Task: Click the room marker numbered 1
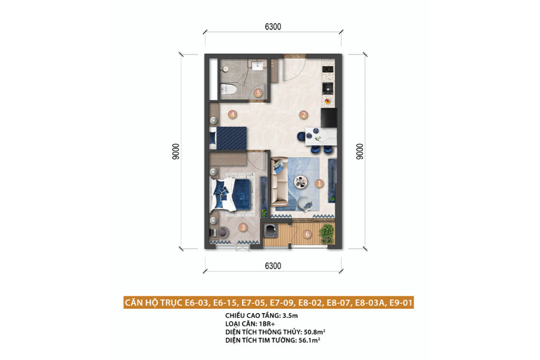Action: click(x=319, y=183)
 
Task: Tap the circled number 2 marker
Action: click(x=303, y=114)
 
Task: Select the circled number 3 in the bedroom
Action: click(x=243, y=227)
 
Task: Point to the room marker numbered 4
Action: click(x=233, y=114)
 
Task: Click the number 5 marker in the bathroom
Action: click(x=258, y=93)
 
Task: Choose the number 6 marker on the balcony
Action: click(x=307, y=235)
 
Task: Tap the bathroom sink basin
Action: click(x=257, y=65)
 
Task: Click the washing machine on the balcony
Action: click(x=271, y=230)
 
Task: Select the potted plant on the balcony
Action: click(x=326, y=233)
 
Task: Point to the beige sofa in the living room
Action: click(x=279, y=182)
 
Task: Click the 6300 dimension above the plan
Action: click(x=273, y=26)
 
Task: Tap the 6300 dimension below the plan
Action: click(x=273, y=266)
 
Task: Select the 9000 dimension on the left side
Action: click(x=176, y=151)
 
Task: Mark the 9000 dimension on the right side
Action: click(x=360, y=151)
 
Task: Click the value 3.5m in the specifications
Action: click(x=290, y=315)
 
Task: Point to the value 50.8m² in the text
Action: click(x=314, y=332)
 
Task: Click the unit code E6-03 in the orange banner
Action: click(x=197, y=303)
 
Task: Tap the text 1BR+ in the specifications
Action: click(x=267, y=324)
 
